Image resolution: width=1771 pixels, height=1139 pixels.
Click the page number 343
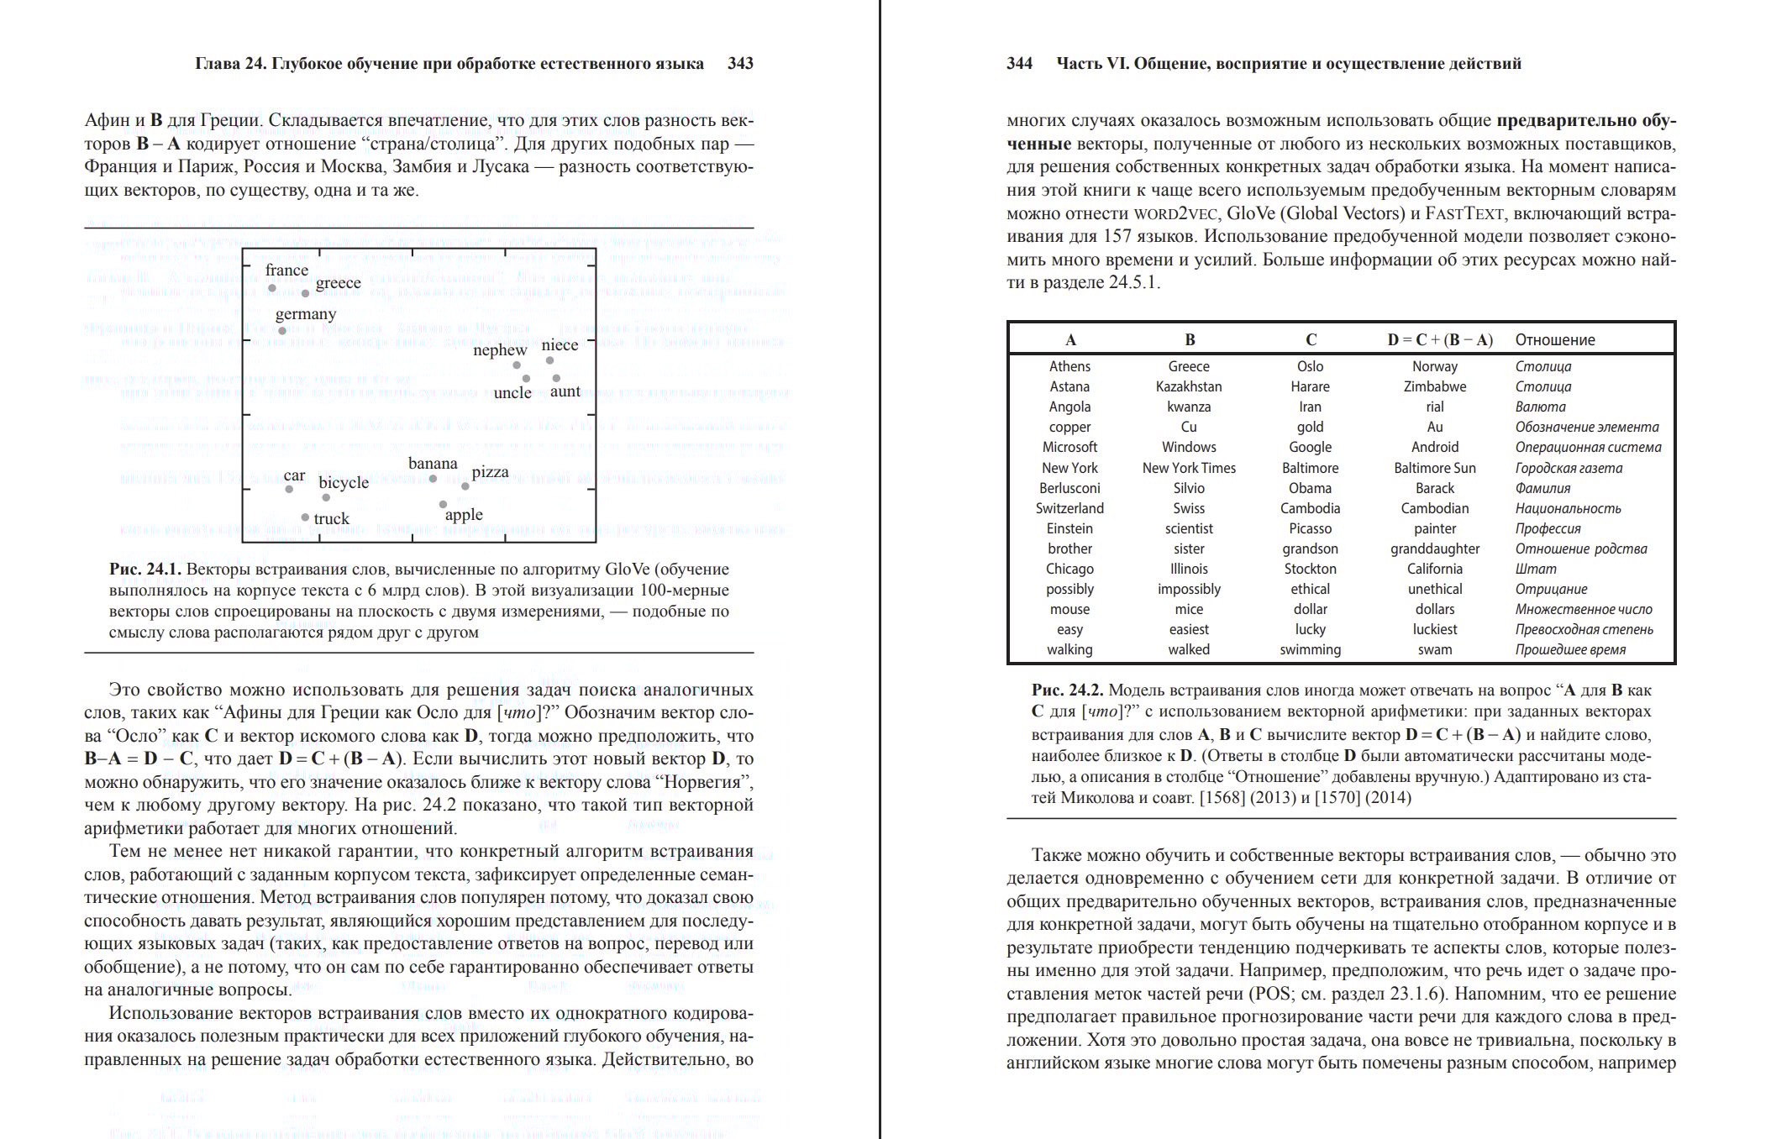[x=740, y=64]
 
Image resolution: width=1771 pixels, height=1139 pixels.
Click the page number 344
[x=1019, y=64]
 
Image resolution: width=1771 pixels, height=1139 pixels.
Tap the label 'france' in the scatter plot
[x=286, y=270]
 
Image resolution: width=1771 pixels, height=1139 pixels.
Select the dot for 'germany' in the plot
[x=282, y=331]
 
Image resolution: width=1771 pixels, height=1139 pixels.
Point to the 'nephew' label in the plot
[x=499, y=349]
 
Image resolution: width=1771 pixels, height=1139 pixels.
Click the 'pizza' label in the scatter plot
[x=490, y=471]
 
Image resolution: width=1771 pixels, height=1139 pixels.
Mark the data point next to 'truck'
[x=305, y=518]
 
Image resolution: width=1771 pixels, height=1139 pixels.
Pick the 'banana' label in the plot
[x=433, y=463]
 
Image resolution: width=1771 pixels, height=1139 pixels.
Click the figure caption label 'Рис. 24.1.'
[x=145, y=569]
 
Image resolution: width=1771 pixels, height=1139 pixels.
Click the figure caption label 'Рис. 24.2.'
[x=1067, y=690]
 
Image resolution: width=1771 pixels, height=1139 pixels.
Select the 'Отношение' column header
[x=1554, y=340]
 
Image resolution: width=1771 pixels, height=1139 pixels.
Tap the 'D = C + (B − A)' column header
[x=1440, y=340]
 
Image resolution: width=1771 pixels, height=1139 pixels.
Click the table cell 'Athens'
[x=1069, y=366]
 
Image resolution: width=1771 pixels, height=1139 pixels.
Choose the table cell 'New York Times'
[x=1189, y=468]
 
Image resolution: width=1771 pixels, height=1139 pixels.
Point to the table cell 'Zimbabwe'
[x=1434, y=386]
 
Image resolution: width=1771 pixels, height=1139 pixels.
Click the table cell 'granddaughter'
[x=1434, y=549]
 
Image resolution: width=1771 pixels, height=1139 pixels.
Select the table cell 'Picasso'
[x=1310, y=528]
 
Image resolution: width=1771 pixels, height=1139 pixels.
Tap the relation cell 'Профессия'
[x=1548, y=528]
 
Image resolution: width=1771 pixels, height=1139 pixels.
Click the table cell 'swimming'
[x=1310, y=649]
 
